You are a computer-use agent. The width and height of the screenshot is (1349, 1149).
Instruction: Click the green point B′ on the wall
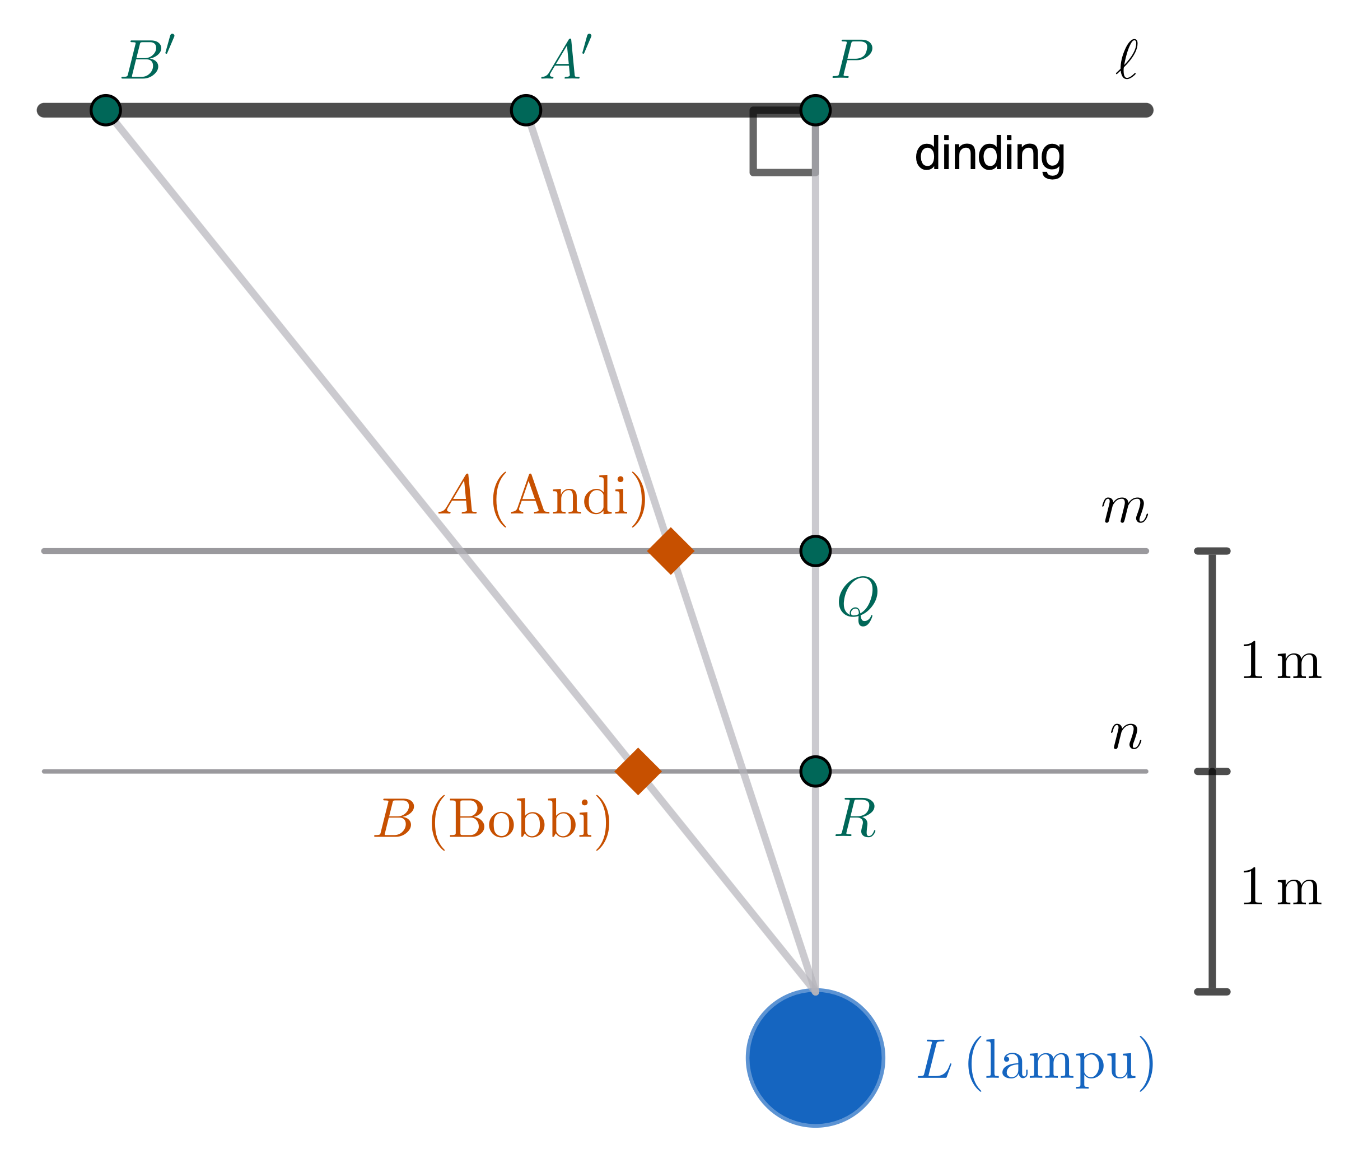[x=105, y=109]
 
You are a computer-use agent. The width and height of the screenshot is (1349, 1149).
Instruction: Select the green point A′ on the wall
[x=526, y=109]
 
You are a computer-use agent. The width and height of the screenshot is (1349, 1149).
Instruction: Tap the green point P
[x=815, y=109]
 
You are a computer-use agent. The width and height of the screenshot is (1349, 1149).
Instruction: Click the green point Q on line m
[x=815, y=551]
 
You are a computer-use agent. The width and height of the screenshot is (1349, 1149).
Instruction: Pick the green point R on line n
[x=815, y=772]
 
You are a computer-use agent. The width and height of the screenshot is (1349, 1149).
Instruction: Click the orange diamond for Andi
[x=671, y=551]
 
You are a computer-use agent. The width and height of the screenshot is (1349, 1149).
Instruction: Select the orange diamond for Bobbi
[x=638, y=772]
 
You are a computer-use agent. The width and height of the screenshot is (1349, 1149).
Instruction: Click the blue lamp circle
[x=815, y=1058]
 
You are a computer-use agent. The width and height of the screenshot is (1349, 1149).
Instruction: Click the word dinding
[x=989, y=155]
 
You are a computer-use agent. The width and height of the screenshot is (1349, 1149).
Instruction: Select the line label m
[x=1124, y=508]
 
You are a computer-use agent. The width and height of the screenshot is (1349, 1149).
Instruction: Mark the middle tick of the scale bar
[x=1212, y=772]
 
